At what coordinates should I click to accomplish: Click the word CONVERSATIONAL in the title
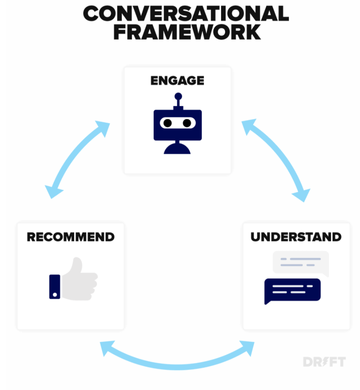pos(186,13)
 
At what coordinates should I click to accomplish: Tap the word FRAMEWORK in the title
pos(187,32)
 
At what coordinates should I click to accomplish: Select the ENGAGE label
pos(178,80)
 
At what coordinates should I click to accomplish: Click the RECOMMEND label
pos(71,237)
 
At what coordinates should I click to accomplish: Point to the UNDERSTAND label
pos(296,237)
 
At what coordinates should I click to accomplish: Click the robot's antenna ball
pos(178,96)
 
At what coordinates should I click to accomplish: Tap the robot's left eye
pos(168,123)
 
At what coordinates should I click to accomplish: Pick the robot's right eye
pos(187,123)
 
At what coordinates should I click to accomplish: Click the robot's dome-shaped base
pos(177,149)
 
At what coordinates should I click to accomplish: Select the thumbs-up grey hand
pos(80,280)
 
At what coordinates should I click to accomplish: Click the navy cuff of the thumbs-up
pos(55,287)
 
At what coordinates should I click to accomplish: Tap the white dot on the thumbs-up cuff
pos(55,295)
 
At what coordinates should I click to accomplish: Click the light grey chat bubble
pos(301,263)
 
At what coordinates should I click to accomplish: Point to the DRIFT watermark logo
pos(324,362)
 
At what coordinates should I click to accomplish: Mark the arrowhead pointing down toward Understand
pos(302,195)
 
